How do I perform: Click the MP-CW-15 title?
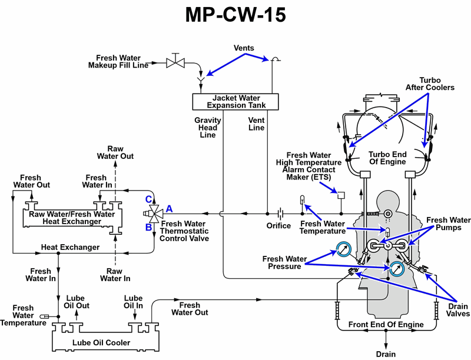pos(235,16)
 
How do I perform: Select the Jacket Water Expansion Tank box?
pos(235,101)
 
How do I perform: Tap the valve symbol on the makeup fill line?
pos(175,61)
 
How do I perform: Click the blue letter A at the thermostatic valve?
pos(169,208)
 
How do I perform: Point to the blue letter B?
pos(149,227)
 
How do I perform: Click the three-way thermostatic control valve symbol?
pos(154,213)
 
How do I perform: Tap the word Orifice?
pos(278,225)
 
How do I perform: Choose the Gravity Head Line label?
pos(208,127)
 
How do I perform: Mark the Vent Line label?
pos(257,124)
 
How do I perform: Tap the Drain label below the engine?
pos(386,354)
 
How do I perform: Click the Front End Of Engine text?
pos(386,325)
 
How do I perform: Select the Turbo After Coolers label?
pos(430,84)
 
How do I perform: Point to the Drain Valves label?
pos(456,310)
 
